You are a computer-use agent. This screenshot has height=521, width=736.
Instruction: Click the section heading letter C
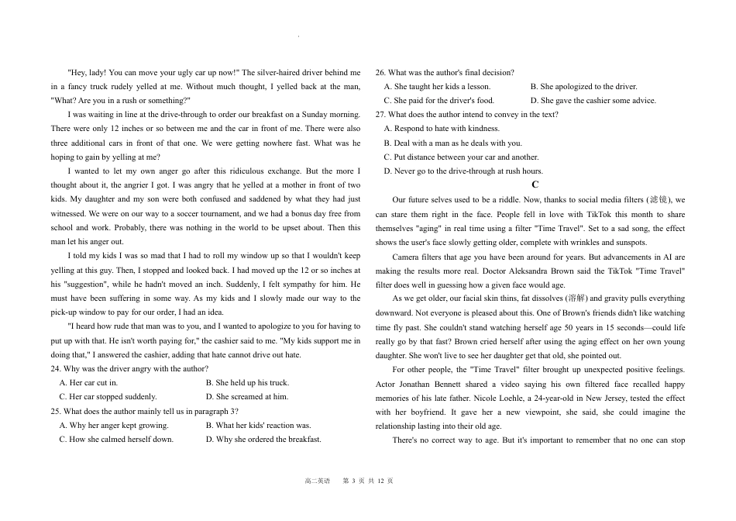point(535,185)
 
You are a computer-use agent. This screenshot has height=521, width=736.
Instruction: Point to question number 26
point(380,72)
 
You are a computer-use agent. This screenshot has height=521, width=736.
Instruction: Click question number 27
point(380,114)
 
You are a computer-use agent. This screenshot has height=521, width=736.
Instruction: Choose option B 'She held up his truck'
point(247,382)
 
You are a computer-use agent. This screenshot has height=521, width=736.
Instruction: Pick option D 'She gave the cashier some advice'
point(593,100)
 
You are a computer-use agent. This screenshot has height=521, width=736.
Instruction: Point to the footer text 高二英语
point(318,481)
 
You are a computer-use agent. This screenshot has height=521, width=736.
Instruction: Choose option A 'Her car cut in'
point(89,382)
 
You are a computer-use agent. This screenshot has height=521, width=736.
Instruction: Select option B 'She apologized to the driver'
point(583,86)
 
